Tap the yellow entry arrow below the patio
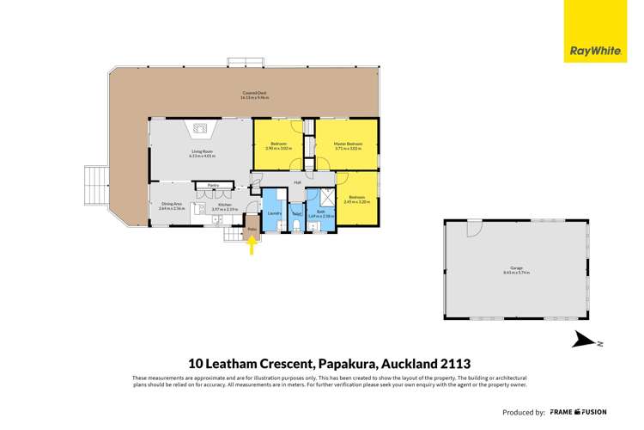[252, 246]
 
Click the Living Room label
[203, 151]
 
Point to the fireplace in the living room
[200, 130]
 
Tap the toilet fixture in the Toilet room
[296, 227]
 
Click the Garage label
[517, 267]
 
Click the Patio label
[252, 230]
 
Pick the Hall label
[296, 182]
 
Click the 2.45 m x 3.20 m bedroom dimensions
[356, 203]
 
